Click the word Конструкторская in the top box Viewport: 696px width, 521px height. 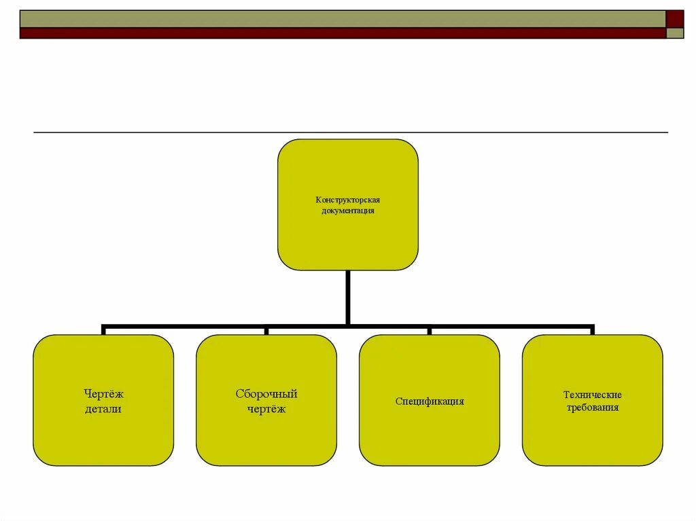347,200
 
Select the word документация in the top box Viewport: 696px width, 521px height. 347,211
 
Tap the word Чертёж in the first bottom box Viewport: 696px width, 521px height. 103,394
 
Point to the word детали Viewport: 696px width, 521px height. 103,409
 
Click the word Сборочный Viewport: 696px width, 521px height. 266,394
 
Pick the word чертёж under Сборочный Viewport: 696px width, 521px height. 266,409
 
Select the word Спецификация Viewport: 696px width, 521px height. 430,401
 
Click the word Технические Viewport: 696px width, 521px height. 592,395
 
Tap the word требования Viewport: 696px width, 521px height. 592,408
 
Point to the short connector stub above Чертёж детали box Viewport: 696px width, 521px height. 103,331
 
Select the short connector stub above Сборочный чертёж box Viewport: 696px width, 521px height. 266,331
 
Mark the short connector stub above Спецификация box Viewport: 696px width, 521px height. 430,331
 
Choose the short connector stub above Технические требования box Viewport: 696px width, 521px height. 592,331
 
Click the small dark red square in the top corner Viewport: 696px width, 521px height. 675,18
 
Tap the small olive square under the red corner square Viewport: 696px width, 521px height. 675,33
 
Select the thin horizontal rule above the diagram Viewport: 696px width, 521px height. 350,132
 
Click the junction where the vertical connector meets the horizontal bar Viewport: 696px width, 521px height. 347,325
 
